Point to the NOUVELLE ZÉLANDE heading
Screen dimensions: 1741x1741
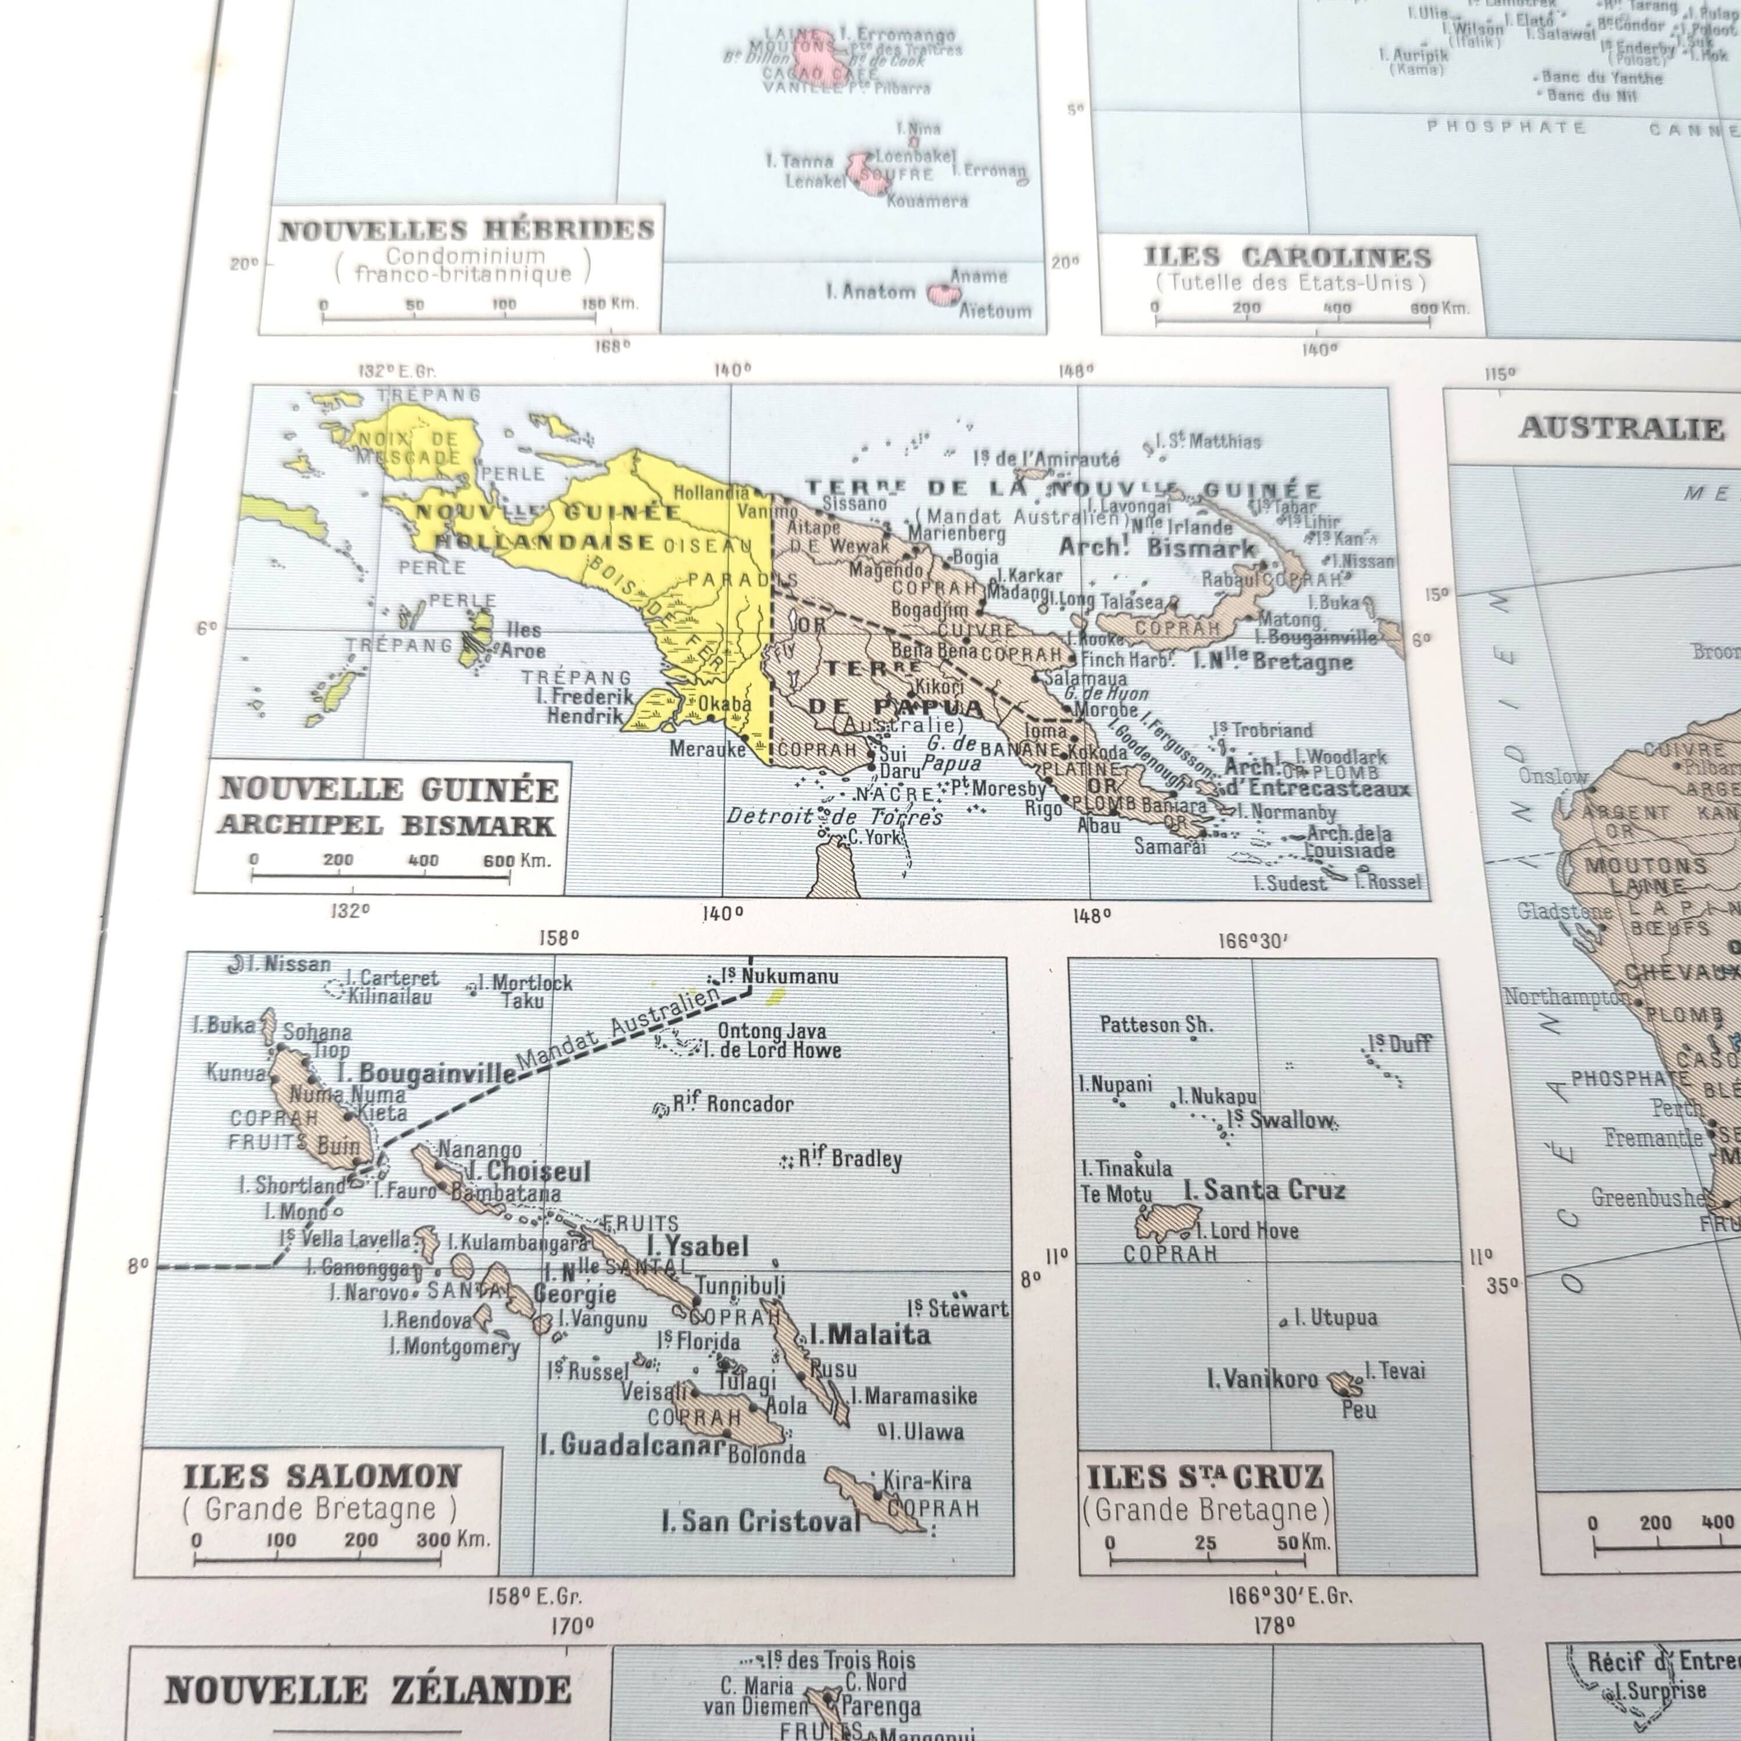coord(368,1691)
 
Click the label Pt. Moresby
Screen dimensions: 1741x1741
coord(998,789)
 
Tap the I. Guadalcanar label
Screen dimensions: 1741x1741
coord(632,1446)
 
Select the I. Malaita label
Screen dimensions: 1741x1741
coord(869,1335)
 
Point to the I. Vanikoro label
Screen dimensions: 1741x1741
coord(1262,1379)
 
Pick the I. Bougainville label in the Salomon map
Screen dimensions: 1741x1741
coord(425,1072)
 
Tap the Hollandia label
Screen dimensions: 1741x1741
coord(711,492)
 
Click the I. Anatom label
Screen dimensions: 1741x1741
coord(870,291)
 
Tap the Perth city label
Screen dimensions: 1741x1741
coord(1675,1107)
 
